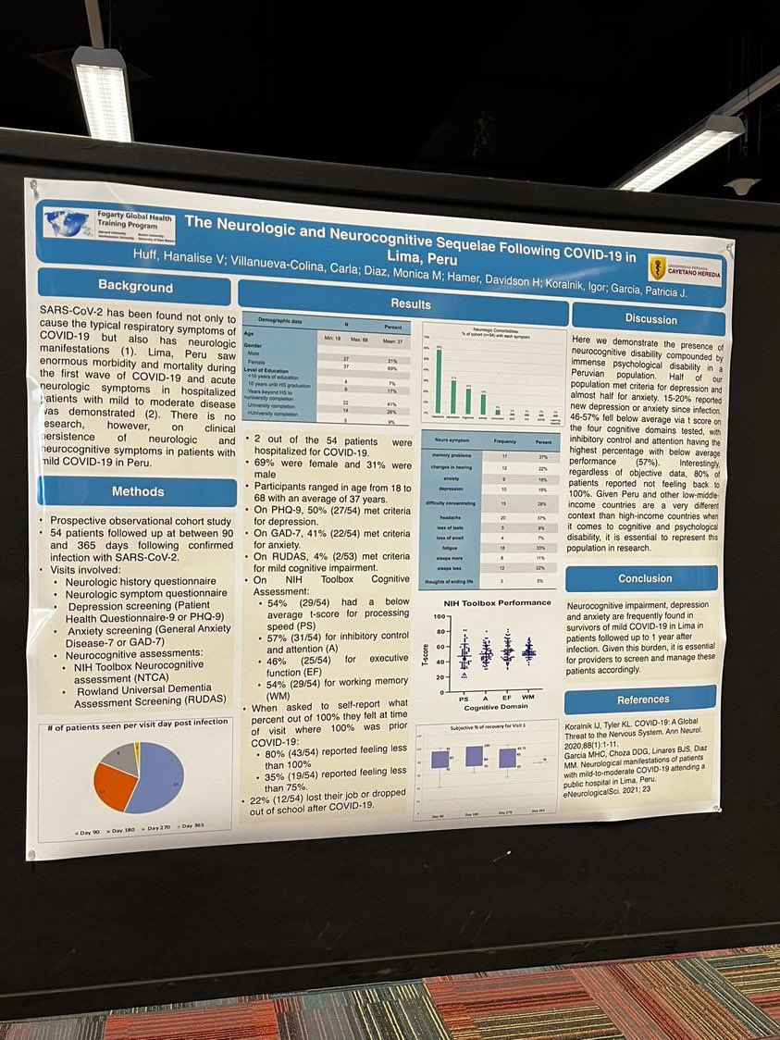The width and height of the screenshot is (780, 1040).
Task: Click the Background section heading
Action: coord(135,286)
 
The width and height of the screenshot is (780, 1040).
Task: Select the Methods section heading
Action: coord(137,491)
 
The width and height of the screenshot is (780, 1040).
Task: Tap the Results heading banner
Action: coord(410,303)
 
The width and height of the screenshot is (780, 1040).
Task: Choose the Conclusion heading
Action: coord(645,578)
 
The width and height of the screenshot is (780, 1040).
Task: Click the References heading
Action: coord(643,700)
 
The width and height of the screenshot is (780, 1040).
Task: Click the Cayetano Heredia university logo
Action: coord(685,267)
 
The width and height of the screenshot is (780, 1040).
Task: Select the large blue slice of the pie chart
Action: coord(159,778)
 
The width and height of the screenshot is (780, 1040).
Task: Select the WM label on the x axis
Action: coord(528,696)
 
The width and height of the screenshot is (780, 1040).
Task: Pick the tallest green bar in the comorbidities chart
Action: coord(438,380)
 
